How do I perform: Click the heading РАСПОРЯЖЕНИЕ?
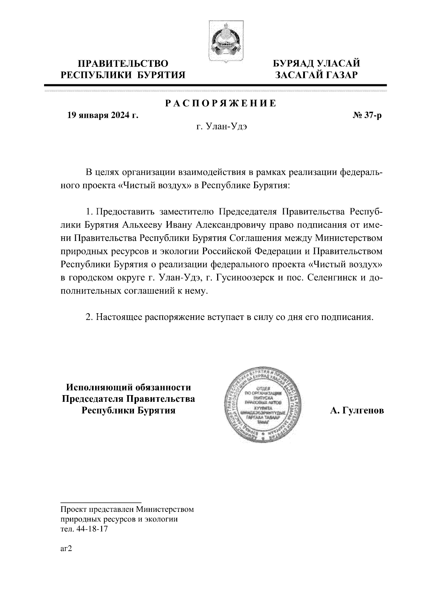pyautogui.click(x=221, y=104)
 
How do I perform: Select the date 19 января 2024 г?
pyautogui.click(x=103, y=115)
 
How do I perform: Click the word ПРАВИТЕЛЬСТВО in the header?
pyautogui.click(x=123, y=64)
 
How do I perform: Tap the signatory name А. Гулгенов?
pyautogui.click(x=357, y=411)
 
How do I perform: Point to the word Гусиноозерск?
pyautogui.click(x=239, y=278)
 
